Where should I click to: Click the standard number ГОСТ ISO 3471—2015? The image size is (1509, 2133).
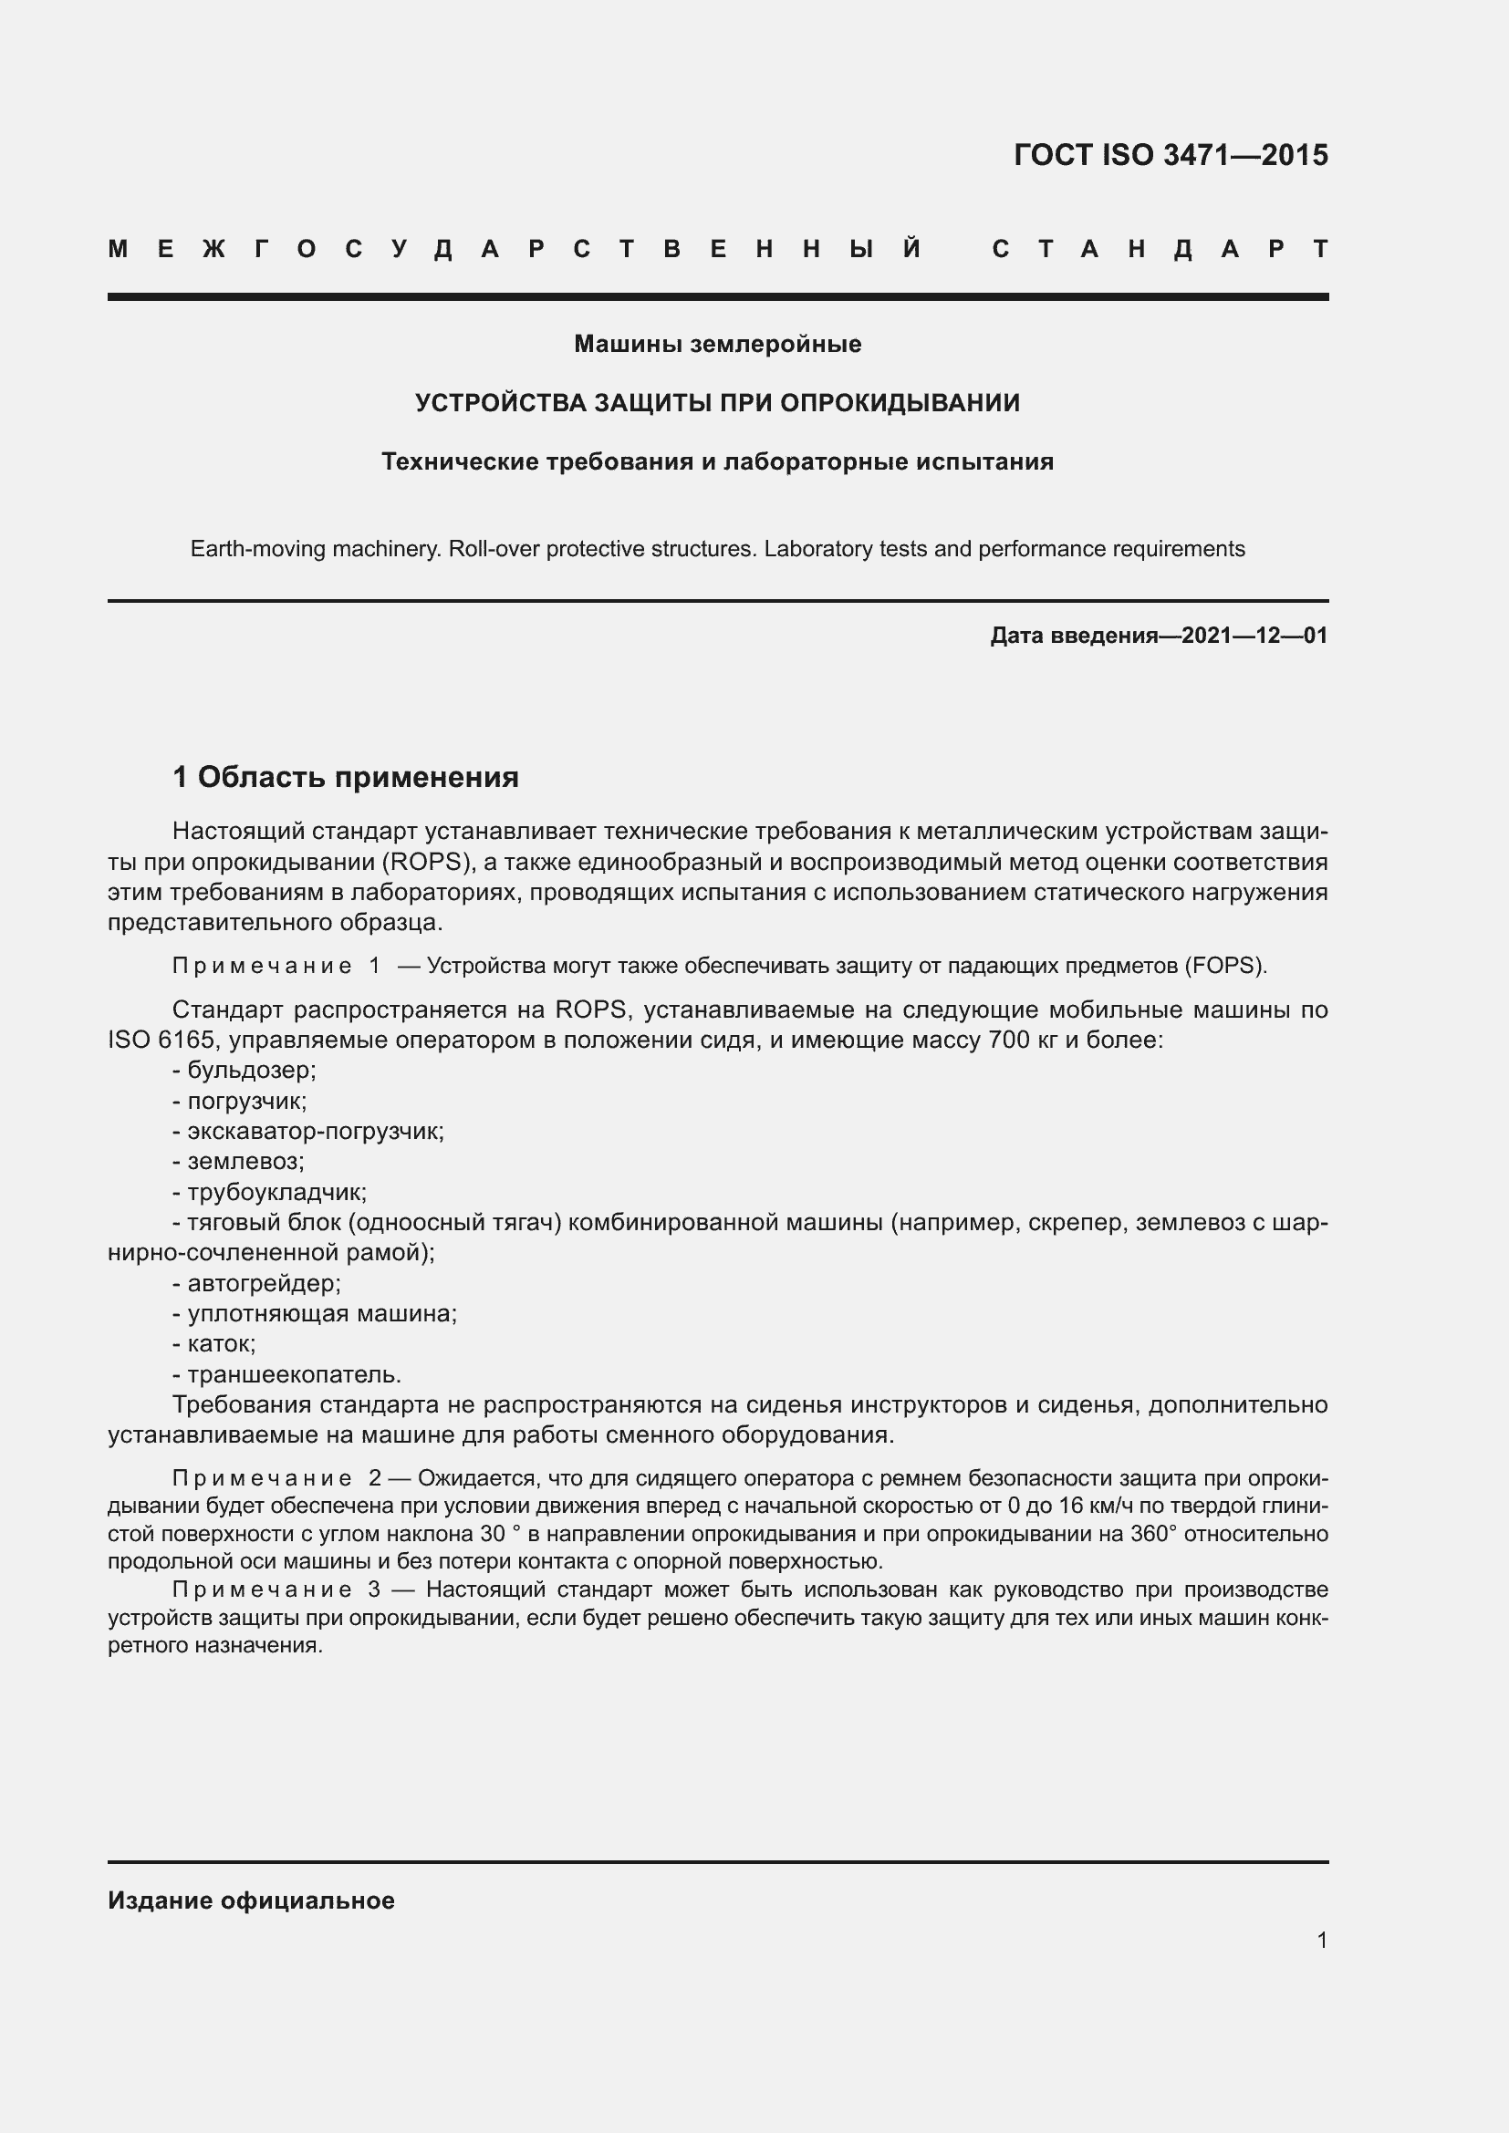1170,155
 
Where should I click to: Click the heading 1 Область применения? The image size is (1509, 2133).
346,777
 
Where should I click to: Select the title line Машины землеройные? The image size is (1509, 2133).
717,344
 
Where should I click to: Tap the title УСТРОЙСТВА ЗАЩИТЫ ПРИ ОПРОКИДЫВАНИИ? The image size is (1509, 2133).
717,403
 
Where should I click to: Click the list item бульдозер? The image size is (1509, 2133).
251,1071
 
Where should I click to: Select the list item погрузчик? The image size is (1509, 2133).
246,1101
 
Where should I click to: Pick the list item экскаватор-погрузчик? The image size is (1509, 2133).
315,1132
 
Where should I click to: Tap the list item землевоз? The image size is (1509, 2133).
245,1161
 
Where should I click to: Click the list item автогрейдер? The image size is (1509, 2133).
264,1283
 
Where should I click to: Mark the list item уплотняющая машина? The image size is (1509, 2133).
321,1313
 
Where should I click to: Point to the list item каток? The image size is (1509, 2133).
221,1343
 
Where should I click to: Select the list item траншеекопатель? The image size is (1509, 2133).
294,1374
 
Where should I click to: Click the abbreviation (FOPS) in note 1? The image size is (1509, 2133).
1224,966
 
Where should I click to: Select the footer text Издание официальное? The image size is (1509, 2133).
251,1900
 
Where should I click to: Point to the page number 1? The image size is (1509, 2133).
1321,1940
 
